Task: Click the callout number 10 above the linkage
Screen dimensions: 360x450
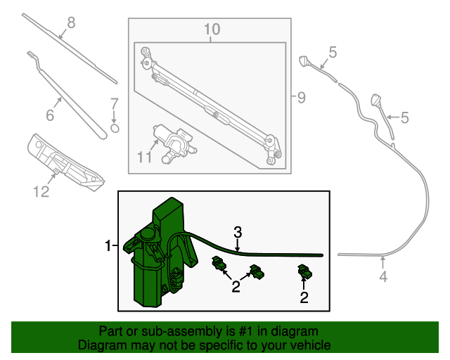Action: pos(212,30)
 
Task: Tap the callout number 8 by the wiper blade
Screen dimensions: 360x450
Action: pos(70,23)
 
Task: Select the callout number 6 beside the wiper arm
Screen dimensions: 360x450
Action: pos(50,115)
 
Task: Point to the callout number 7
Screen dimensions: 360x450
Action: pos(114,104)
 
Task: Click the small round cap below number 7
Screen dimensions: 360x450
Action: pos(115,128)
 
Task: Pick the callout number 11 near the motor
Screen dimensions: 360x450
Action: pos(144,157)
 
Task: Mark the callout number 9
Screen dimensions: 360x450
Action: pos(301,98)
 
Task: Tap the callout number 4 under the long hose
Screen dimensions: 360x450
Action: pos(383,277)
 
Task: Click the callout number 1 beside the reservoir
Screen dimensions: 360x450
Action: pos(108,245)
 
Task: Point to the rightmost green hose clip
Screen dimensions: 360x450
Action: pos(305,271)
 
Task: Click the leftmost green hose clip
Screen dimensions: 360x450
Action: pos(219,265)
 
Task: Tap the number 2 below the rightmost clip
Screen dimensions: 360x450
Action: pos(304,297)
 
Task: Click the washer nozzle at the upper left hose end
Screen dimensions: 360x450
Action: pos(305,60)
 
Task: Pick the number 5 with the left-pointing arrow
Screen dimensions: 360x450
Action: pos(404,118)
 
